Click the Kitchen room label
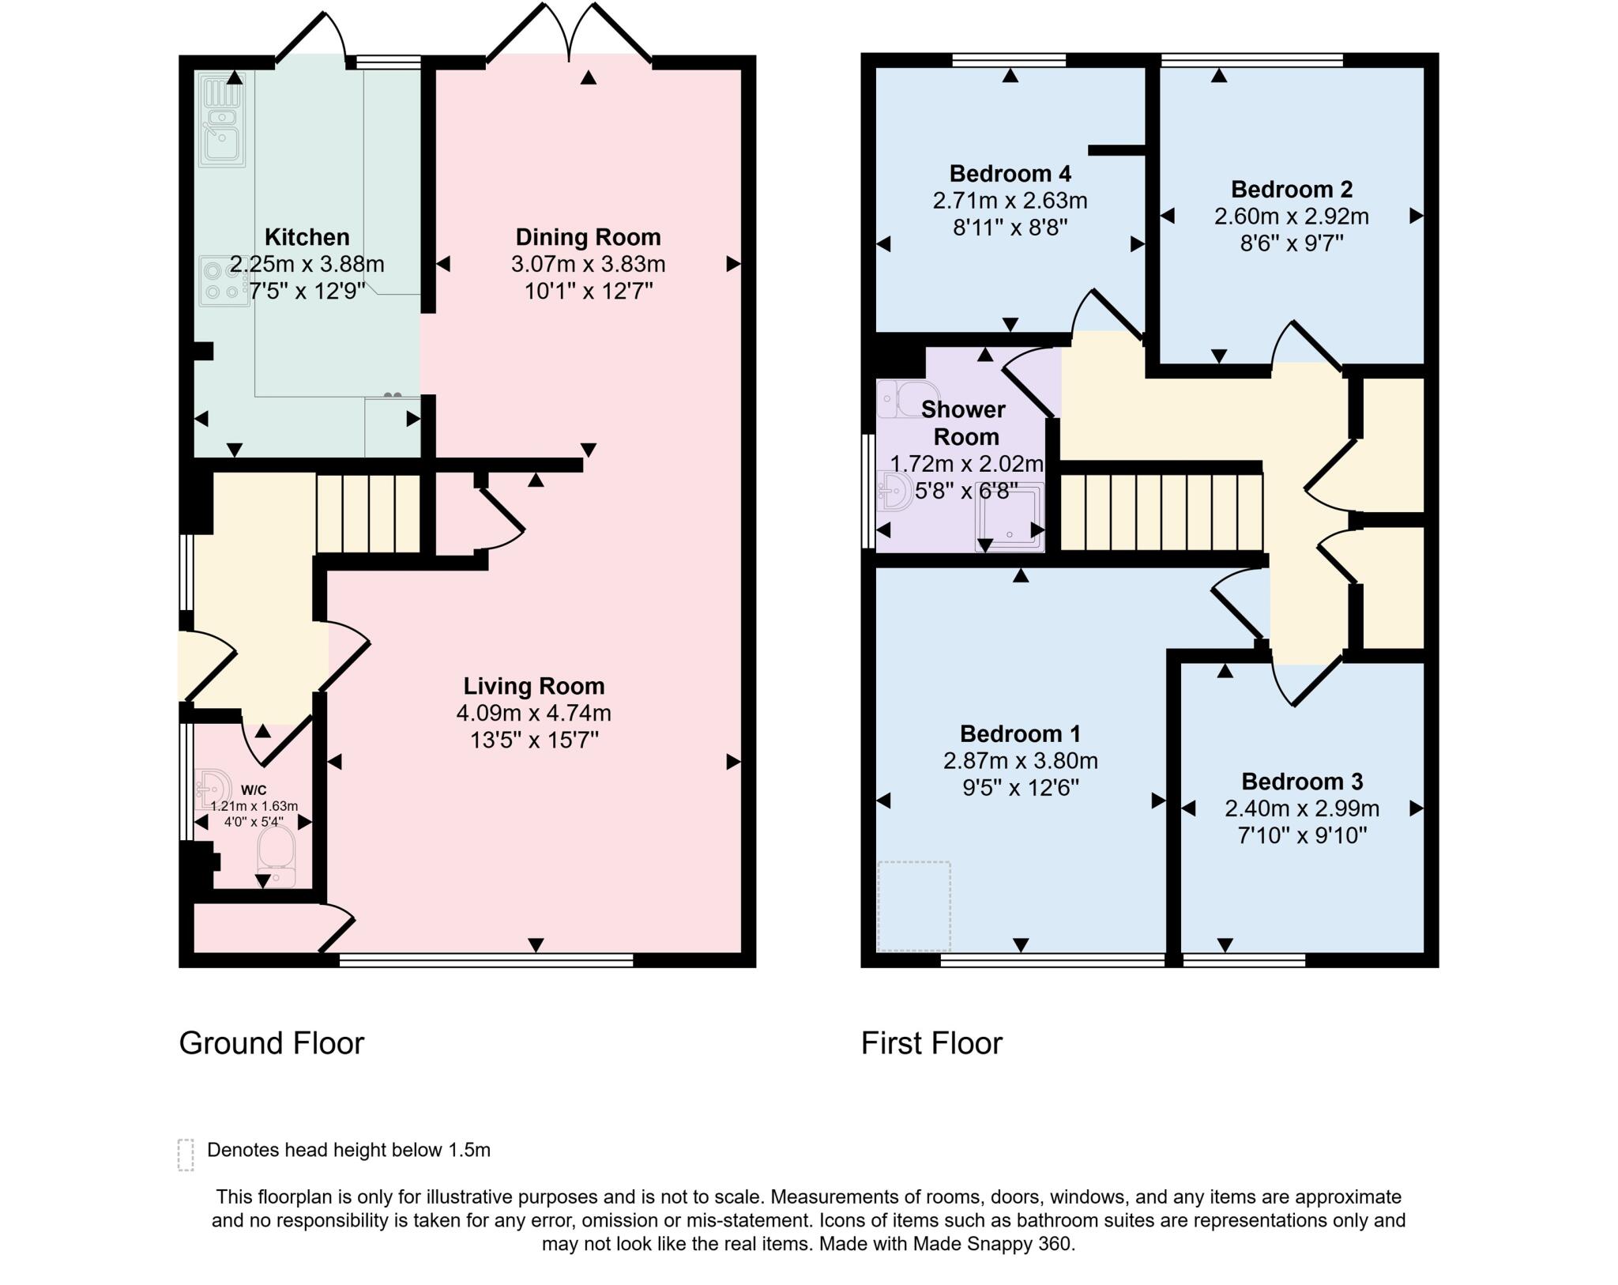[307, 237]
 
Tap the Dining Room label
[588, 237]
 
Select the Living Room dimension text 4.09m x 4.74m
[533, 713]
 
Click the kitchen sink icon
[222, 120]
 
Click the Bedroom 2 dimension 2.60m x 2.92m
[1292, 216]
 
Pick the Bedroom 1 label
[1020, 733]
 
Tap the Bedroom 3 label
[1302, 782]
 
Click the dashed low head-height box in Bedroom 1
[914, 906]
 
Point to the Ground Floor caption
[272, 1043]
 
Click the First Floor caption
[931, 1043]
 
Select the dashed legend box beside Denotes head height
[186, 1155]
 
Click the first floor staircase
[1161, 512]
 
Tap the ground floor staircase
[368, 513]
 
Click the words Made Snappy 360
[994, 1244]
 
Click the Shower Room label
[965, 423]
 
